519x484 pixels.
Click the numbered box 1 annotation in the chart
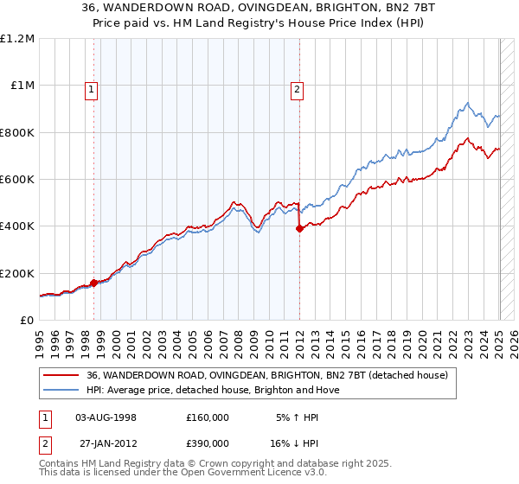point(92,87)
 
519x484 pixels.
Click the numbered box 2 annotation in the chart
point(297,87)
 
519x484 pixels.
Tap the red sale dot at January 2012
point(299,229)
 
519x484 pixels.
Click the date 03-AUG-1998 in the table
point(106,417)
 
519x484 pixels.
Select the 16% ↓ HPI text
point(298,443)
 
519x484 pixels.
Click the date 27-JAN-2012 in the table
point(106,443)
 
